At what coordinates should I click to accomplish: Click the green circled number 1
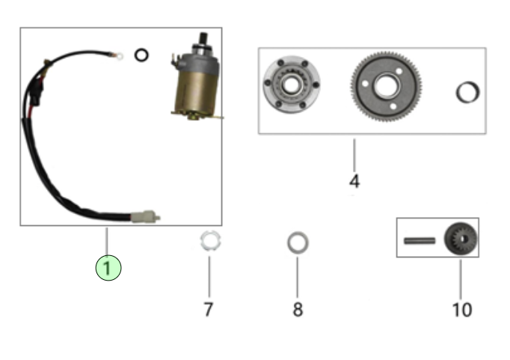point(108,267)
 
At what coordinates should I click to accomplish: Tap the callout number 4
point(354,181)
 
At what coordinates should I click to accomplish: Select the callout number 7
point(209,308)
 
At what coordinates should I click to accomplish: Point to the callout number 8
point(298,308)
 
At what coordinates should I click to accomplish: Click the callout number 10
point(461,308)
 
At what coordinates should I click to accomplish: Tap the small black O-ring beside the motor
point(141,55)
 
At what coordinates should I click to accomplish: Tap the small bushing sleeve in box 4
point(468,92)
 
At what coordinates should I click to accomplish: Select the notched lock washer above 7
point(208,242)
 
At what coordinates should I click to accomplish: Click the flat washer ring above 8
point(298,242)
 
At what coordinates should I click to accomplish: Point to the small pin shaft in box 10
point(419,240)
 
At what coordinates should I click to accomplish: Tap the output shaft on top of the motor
point(202,41)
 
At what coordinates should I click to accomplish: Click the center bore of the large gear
point(387,86)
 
